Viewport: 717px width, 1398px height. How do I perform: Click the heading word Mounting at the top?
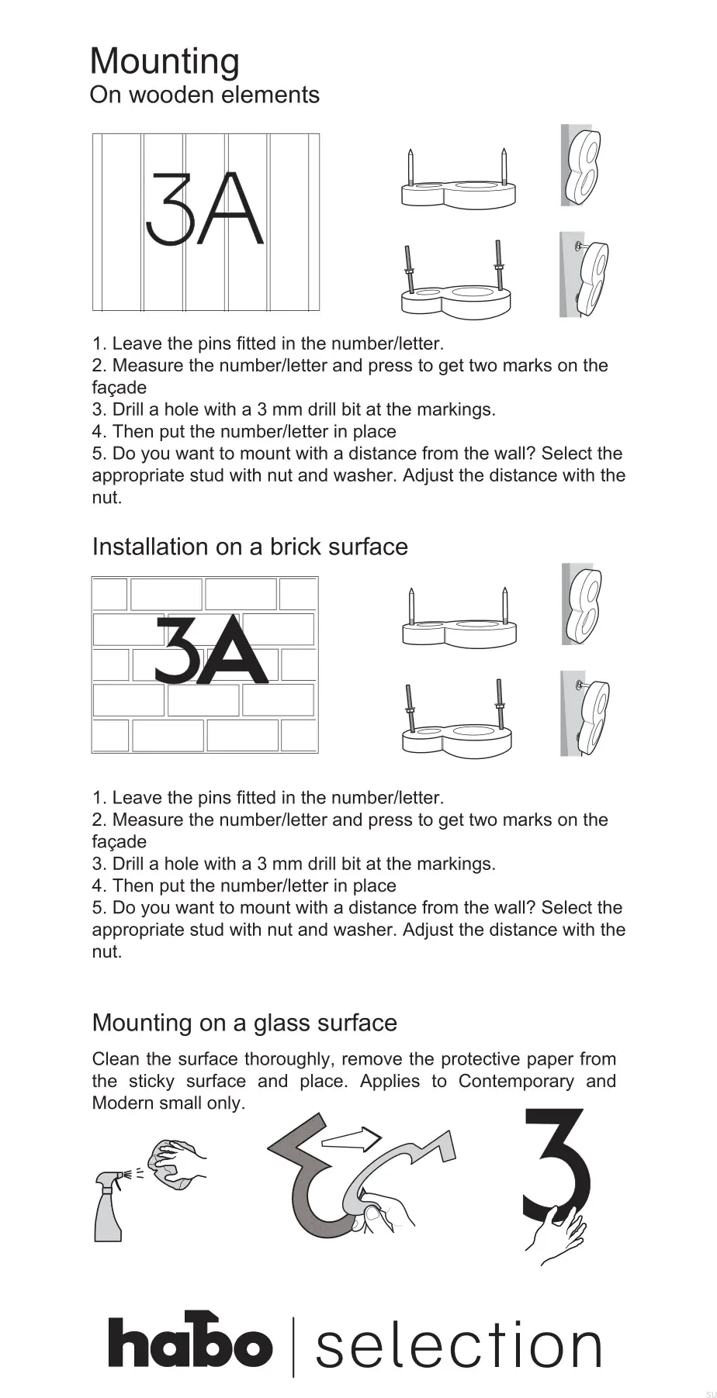(165, 62)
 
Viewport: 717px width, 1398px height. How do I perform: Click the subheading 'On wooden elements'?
(204, 95)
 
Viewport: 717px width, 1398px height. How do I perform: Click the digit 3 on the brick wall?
(178, 650)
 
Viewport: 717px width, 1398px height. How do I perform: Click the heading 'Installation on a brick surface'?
(249, 547)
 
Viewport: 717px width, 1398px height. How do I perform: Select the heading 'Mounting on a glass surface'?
(244, 1023)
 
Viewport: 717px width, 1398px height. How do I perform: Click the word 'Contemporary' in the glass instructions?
(516, 1081)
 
